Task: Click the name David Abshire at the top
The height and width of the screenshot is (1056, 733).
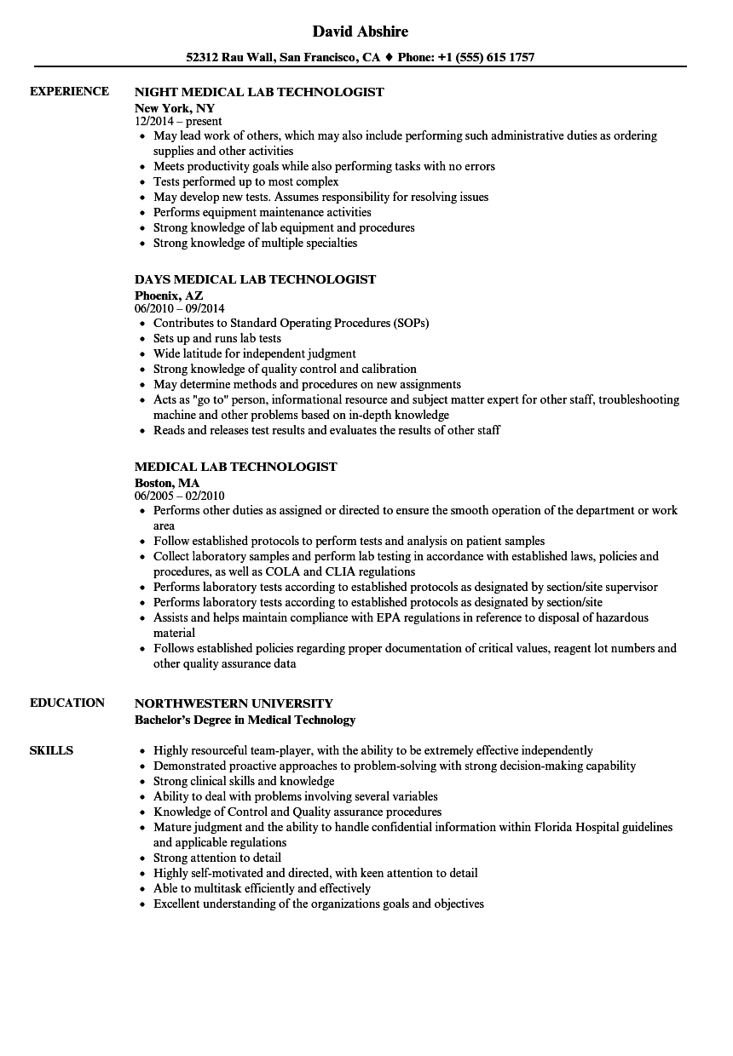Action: coord(360,32)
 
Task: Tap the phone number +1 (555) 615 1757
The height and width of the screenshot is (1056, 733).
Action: coord(487,58)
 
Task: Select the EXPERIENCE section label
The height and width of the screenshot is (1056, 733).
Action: coord(69,91)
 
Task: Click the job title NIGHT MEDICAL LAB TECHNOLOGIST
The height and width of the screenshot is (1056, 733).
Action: coord(259,92)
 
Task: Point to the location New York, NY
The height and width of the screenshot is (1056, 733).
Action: coord(175,108)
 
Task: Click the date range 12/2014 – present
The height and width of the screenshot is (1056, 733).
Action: coord(178,122)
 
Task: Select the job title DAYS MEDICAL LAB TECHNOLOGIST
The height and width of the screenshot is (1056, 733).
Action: coord(255,279)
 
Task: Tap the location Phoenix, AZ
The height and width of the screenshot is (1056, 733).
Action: coord(169,296)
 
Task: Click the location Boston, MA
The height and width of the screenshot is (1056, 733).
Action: coord(167,483)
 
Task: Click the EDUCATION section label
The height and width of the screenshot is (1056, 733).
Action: coord(67,703)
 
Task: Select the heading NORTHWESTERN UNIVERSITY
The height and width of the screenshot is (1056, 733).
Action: coord(234,703)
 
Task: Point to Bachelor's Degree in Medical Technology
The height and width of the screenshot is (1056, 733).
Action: coord(245,720)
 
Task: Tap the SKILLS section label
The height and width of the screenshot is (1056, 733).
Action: coord(51,750)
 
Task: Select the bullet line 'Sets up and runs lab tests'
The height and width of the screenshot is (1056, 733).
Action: coord(216,338)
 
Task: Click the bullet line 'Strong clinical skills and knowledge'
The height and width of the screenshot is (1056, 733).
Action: coord(243,781)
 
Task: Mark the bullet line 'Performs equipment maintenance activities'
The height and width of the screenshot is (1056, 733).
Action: coord(262,212)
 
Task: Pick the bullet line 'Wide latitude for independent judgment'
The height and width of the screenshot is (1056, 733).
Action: coord(254,353)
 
